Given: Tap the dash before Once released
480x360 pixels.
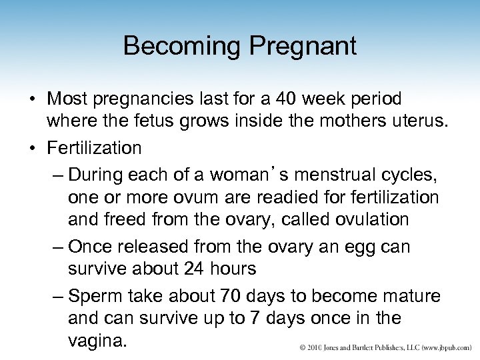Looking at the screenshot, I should (x=57, y=247).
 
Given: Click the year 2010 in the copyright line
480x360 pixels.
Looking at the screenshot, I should (x=314, y=348).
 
